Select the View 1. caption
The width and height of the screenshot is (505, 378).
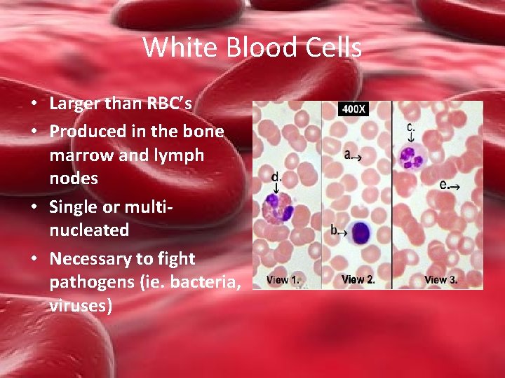tap(283, 280)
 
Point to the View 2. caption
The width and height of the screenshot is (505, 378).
tap(358, 280)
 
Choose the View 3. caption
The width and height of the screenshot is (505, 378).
tap(441, 280)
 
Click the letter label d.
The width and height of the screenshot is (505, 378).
tap(276, 177)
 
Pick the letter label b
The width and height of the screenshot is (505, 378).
tap(335, 230)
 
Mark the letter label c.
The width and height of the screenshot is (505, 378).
tap(410, 127)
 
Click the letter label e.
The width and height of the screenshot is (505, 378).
tap(444, 185)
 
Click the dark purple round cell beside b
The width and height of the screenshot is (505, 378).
tap(361, 232)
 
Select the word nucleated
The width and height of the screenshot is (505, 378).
tap(89, 230)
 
